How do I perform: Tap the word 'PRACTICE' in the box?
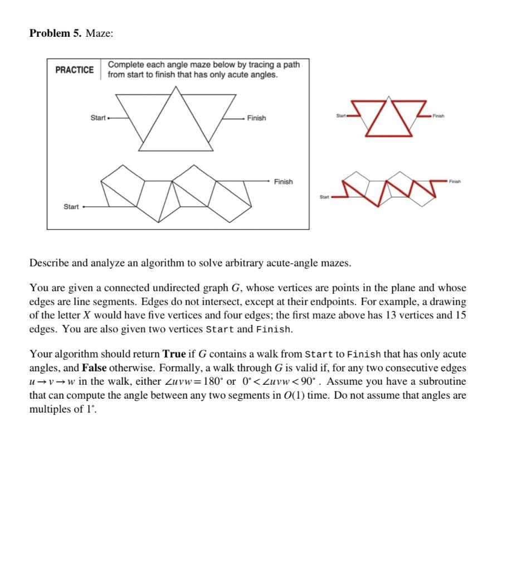pos(75,70)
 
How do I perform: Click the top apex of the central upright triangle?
pos(175,86)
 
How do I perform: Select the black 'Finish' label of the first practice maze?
pos(256,118)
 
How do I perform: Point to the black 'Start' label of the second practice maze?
pos(71,207)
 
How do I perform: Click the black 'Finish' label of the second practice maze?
pos(283,182)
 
